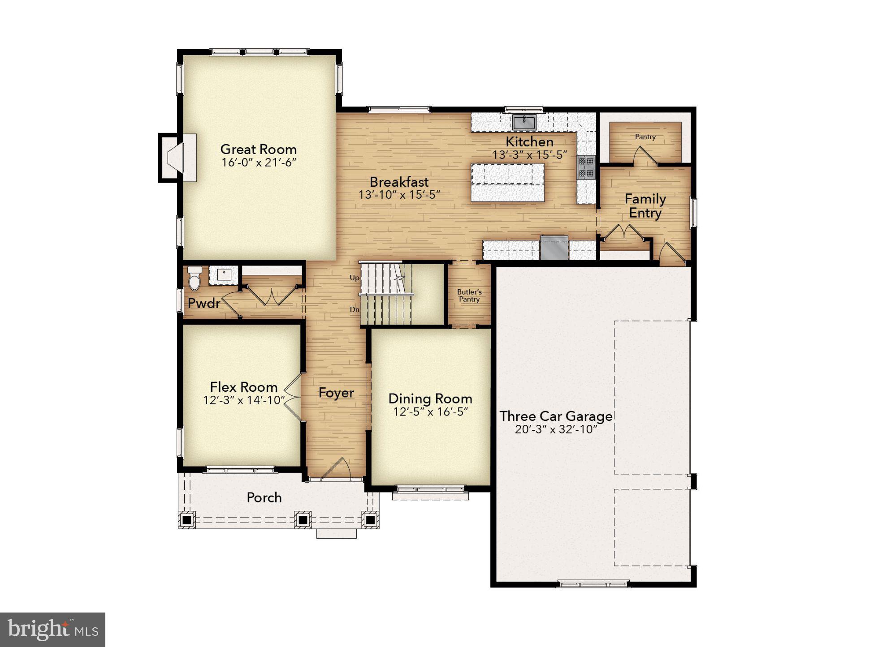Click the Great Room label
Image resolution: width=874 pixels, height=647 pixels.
tap(258, 149)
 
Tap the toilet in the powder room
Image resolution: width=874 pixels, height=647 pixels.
tap(195, 279)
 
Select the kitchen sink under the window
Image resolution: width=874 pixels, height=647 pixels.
tap(524, 121)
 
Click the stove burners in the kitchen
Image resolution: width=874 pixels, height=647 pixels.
tap(586, 167)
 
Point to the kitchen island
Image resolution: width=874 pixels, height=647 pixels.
tap(507, 182)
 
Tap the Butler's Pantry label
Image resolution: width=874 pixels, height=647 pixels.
tap(469, 296)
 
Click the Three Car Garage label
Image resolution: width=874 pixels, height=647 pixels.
tap(556, 416)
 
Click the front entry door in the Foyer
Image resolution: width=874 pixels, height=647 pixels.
tap(337, 469)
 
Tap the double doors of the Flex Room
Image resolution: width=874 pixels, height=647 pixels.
tap(292, 397)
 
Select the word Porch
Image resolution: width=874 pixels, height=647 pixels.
tap(264, 497)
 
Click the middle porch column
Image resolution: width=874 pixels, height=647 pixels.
tap(303, 520)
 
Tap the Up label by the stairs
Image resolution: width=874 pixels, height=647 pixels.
tap(354, 278)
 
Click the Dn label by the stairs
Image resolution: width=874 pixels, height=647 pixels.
tap(354, 309)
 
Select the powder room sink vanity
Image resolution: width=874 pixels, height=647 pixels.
tap(224, 275)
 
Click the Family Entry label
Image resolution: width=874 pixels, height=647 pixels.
tap(645, 206)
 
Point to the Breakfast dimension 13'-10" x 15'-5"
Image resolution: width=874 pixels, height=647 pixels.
tap(399, 195)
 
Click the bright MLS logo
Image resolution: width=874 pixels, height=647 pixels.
tap(52, 630)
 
